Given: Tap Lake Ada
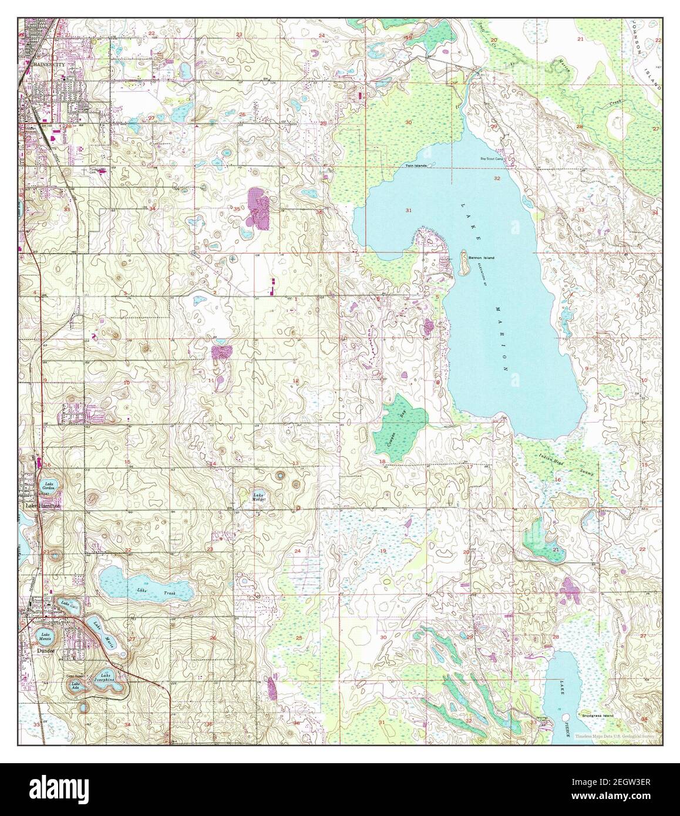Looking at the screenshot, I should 75,686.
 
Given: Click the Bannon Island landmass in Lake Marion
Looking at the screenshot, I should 463,264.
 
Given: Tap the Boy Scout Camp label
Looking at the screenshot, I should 492,159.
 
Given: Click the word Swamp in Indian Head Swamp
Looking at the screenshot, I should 587,473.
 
